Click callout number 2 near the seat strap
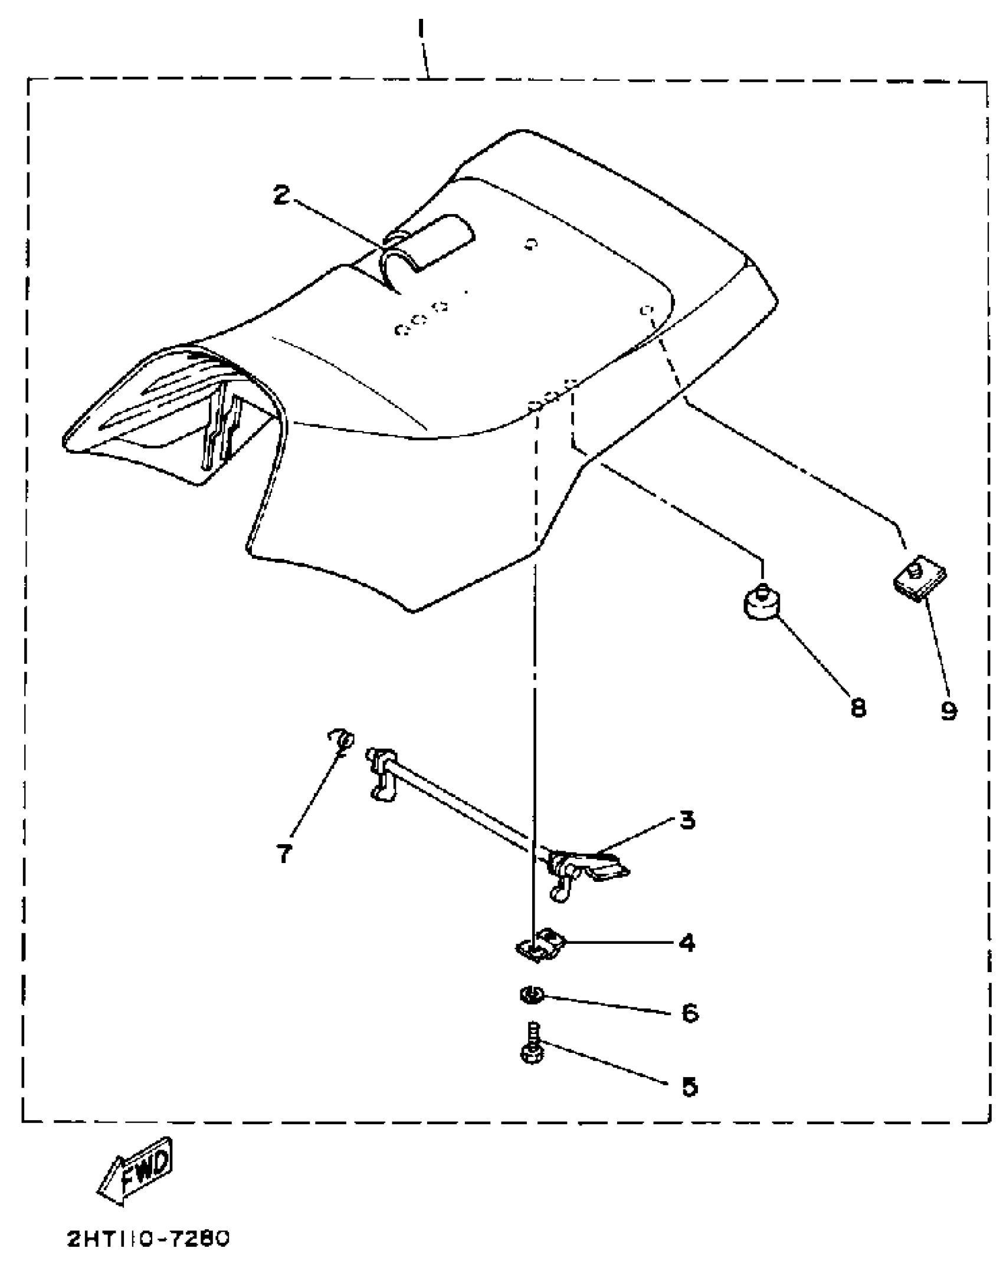tap(283, 195)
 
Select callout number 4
tap(687, 943)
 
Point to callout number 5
tap(689, 1087)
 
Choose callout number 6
tap(689, 1013)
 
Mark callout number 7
tap(284, 853)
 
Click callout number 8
tap(858, 707)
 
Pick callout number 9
tap(949, 711)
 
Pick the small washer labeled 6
tap(530, 996)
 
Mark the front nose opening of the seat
tap(177, 424)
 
